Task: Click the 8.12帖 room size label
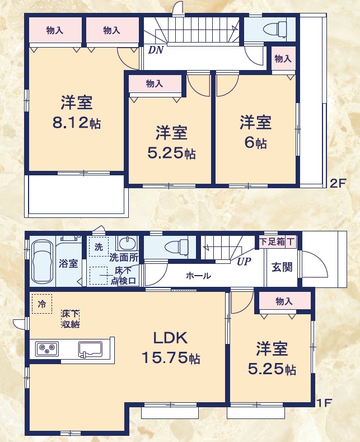click(76, 123)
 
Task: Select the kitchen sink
click(89, 349)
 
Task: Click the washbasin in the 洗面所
click(128, 244)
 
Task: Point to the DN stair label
click(155, 50)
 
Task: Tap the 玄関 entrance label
click(282, 267)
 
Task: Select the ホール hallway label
click(198, 276)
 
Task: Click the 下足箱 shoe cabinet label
click(272, 241)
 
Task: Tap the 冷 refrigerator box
click(42, 304)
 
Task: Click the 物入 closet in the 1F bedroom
click(284, 301)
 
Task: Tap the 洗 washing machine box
click(98, 246)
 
